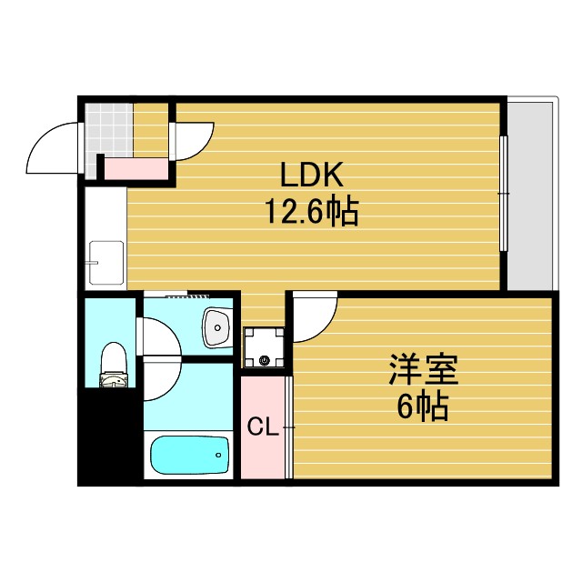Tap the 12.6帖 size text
(311, 214)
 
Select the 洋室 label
(423, 370)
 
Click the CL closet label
(262, 425)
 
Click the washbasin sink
(217, 327)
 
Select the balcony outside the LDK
(529, 196)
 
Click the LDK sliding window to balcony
(503, 193)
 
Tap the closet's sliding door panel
(289, 426)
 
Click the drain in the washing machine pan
(266, 359)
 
